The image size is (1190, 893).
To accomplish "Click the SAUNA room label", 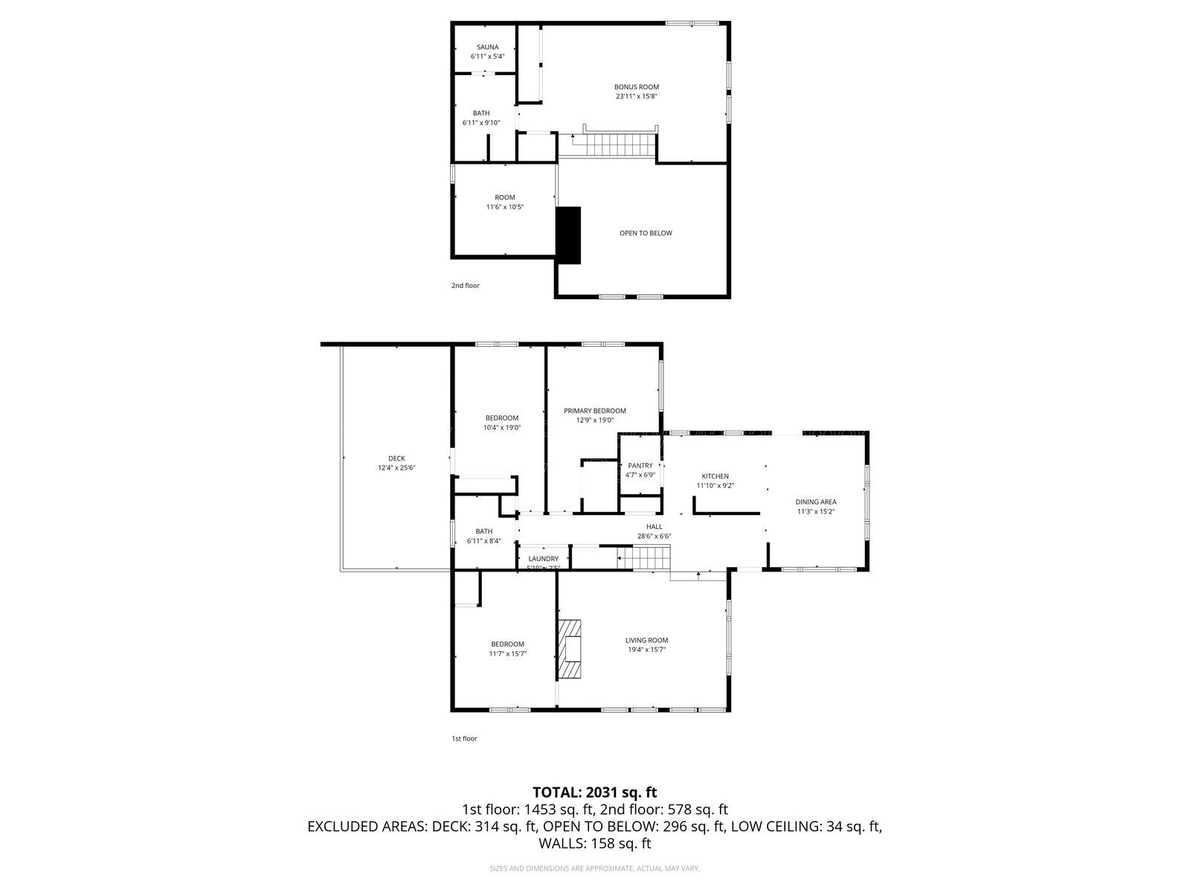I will (488, 47).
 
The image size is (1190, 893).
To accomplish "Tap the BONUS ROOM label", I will (636, 87).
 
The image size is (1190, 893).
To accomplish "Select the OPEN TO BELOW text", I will (646, 233).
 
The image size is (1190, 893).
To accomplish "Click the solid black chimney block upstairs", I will (569, 234).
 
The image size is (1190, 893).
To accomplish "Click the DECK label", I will (396, 458).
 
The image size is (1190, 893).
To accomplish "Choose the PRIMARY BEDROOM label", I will (594, 411).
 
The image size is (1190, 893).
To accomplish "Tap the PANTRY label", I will (640, 466).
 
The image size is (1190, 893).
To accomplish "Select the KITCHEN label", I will (715, 476).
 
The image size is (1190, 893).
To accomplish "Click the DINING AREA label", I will (816, 502).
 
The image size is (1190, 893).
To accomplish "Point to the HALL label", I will (654, 526).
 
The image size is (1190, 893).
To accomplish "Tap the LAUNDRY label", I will (543, 559).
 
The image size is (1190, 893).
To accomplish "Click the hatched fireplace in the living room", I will (571, 648).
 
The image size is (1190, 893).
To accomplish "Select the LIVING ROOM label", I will (646, 640).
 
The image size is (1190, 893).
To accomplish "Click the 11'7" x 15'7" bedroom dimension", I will (507, 653).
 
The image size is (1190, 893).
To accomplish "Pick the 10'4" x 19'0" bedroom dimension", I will (501, 427).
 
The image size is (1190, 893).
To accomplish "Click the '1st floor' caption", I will (464, 738).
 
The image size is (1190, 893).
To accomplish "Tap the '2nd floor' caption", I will (466, 285).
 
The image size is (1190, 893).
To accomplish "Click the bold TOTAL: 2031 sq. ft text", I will (594, 792).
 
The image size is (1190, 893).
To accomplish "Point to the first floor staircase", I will (644, 557).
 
